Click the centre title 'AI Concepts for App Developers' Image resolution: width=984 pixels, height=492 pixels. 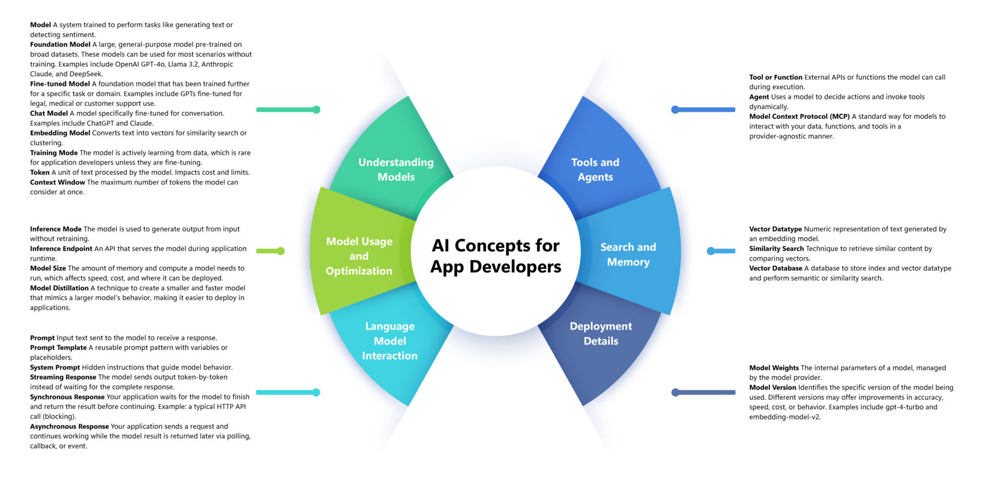(x=495, y=256)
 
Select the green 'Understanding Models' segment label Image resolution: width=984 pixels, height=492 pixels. (x=396, y=170)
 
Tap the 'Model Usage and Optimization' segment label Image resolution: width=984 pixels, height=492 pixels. (x=359, y=256)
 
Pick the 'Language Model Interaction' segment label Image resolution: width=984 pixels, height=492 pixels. (x=390, y=341)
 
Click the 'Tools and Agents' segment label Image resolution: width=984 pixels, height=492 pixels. (x=595, y=170)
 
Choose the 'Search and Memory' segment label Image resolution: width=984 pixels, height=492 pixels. (x=628, y=254)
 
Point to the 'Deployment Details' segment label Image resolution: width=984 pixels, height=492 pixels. (x=601, y=333)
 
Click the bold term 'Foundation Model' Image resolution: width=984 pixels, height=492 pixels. (x=60, y=45)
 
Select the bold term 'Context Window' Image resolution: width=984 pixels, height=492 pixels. (x=57, y=183)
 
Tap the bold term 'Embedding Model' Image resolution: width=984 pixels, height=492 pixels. (x=60, y=133)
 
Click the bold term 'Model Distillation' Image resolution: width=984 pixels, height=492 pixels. (x=59, y=288)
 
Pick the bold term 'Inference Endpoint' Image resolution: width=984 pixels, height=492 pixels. (x=61, y=249)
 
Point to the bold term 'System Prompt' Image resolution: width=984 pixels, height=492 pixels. (x=55, y=368)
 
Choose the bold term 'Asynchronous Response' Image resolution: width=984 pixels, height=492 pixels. (x=69, y=427)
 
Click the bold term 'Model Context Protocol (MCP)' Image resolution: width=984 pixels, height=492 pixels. (x=799, y=117)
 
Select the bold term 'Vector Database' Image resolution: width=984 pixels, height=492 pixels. (x=775, y=269)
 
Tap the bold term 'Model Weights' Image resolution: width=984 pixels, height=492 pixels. (x=774, y=368)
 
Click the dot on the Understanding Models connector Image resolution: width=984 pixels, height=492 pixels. (x=316, y=110)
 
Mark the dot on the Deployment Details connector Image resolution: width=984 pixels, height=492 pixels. (x=676, y=393)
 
